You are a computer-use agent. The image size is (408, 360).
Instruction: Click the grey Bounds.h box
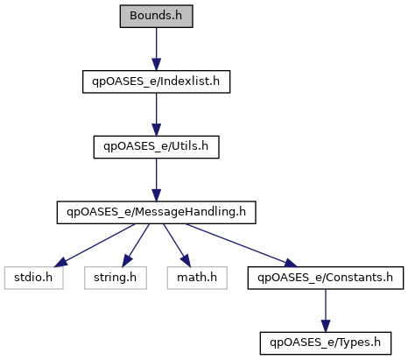(156, 16)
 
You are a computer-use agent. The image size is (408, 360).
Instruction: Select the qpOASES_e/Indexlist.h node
(156, 81)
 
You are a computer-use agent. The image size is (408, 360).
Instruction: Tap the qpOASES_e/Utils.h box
(156, 147)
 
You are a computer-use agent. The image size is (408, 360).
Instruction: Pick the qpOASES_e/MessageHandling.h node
(156, 212)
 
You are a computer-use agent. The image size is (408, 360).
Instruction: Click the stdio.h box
(33, 278)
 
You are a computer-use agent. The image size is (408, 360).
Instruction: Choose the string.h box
(116, 278)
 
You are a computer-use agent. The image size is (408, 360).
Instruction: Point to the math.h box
(197, 278)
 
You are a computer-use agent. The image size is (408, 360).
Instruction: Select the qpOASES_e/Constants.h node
(326, 278)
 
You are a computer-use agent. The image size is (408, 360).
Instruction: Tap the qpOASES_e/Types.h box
(326, 343)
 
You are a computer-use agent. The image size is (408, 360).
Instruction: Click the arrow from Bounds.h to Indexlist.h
(156, 49)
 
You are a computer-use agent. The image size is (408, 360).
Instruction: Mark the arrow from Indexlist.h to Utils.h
(156, 115)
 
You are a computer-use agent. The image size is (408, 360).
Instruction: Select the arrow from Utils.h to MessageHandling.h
(156, 180)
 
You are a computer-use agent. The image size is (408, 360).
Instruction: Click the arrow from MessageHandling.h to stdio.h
(95, 245)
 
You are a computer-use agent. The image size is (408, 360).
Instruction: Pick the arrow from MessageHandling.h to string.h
(136, 245)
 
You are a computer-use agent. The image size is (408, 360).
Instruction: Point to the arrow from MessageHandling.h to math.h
(177, 245)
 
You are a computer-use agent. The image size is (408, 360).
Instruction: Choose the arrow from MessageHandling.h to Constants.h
(242, 245)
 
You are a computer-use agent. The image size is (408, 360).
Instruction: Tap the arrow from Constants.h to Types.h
(326, 311)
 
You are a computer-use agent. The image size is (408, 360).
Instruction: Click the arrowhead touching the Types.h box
(326, 326)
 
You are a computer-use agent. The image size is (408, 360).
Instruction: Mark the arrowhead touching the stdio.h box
(60, 263)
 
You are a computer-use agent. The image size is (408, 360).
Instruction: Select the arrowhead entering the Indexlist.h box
(156, 64)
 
